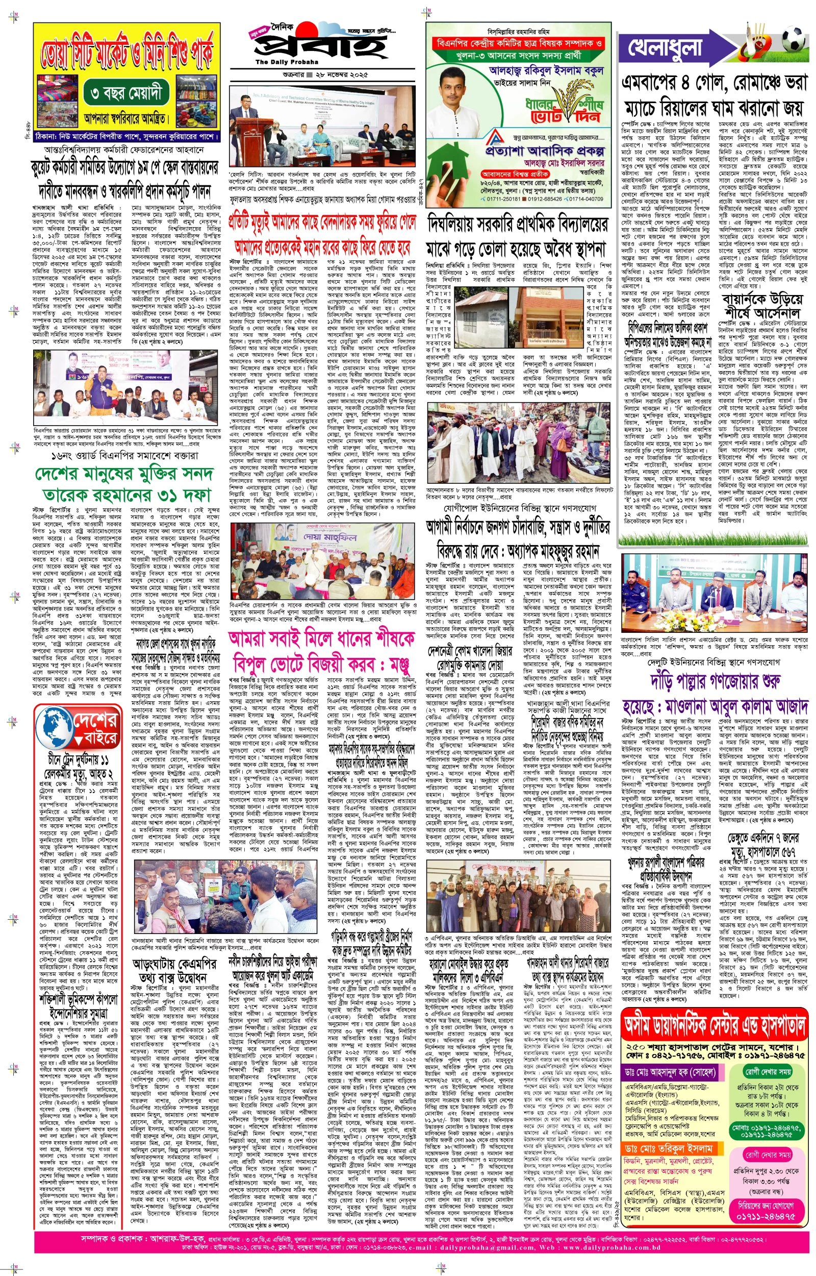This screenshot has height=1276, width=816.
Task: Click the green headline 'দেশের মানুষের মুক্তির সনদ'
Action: pyautogui.click(x=123, y=474)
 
